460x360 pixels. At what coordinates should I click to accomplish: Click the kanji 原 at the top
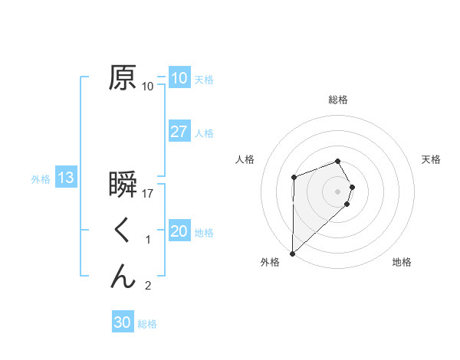[x=123, y=77]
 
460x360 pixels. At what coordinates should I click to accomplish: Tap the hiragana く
[x=123, y=231]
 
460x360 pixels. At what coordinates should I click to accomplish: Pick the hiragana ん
[x=123, y=275]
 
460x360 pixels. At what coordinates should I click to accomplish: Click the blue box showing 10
[x=179, y=77]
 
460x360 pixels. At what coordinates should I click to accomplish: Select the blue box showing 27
[x=179, y=131]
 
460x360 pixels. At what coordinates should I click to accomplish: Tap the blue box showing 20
[x=179, y=231]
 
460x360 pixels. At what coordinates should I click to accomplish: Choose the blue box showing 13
[x=65, y=178]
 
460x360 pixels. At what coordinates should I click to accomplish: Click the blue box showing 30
[x=122, y=322]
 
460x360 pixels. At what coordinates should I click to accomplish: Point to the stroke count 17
[x=149, y=194]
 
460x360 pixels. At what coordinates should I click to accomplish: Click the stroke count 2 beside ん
[x=148, y=286]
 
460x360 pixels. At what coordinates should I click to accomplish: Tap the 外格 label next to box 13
[x=41, y=179]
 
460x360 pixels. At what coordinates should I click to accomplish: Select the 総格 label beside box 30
[x=147, y=324]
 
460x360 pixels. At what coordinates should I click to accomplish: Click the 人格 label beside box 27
[x=204, y=133]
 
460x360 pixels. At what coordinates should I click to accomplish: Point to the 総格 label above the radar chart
[x=338, y=100]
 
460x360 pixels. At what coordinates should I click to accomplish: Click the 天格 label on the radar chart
[x=432, y=159]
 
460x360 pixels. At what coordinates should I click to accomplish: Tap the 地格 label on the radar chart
[x=402, y=263]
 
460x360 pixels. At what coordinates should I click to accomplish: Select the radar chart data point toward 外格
[x=292, y=253]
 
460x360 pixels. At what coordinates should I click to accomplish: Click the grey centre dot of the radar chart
[x=338, y=190]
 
